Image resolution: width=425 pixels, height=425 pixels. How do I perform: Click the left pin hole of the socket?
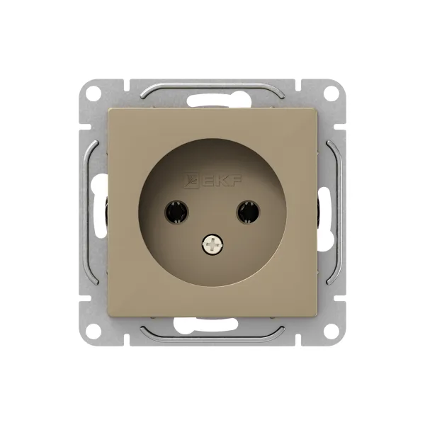(x=176, y=212)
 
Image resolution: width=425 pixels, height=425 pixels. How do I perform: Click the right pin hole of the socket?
(x=248, y=212)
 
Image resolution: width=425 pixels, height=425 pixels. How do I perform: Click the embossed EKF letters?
(x=222, y=180)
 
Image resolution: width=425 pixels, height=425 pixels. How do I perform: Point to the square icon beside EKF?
(x=192, y=180)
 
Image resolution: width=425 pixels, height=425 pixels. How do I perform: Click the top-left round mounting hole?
(x=93, y=92)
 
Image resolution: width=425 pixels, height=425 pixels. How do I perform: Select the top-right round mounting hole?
(x=331, y=92)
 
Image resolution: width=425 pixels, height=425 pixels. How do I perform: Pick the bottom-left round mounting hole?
(x=93, y=331)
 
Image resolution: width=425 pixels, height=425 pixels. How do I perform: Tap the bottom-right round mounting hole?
(x=331, y=331)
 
